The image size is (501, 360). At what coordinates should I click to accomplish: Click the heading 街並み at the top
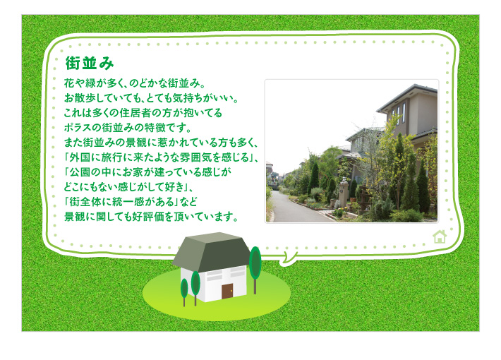[90, 63]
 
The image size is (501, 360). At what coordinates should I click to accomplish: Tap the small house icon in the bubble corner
[440, 236]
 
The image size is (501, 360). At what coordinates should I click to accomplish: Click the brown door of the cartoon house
[227, 291]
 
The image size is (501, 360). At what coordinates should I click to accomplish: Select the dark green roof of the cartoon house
[212, 251]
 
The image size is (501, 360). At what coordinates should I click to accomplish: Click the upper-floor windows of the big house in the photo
[399, 112]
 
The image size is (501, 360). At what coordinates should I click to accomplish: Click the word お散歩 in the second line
[78, 98]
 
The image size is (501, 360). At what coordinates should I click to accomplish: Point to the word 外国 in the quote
[78, 157]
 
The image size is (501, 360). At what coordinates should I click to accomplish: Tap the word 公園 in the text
[80, 172]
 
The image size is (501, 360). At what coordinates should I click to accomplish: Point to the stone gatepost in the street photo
[343, 193]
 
